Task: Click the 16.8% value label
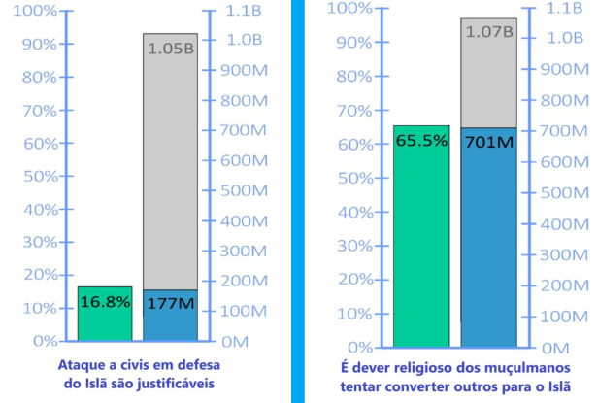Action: point(104,301)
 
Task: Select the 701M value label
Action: point(488,142)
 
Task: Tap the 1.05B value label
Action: point(170,48)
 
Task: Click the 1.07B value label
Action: point(488,31)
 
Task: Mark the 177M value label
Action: point(170,303)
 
